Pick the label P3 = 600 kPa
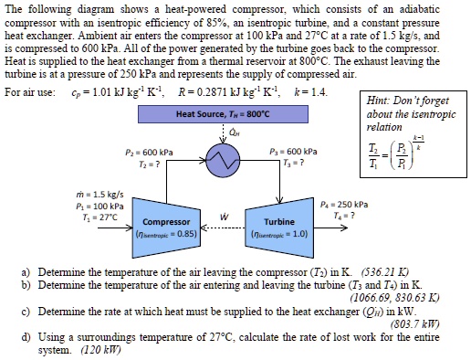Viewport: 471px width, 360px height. pos(295,151)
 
